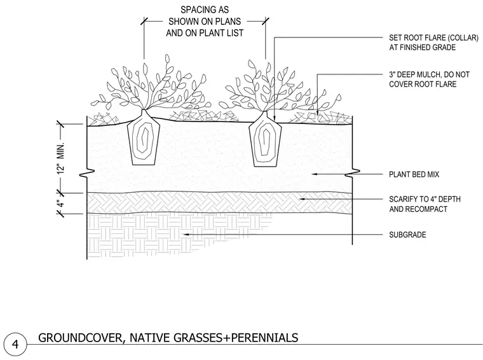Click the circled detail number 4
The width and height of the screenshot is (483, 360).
[x=15, y=343]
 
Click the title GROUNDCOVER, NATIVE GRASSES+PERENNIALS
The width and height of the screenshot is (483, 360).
[x=168, y=338]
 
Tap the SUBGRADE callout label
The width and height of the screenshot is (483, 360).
[x=407, y=235]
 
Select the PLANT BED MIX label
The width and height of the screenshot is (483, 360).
[x=414, y=174]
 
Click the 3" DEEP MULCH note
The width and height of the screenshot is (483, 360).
[x=429, y=80]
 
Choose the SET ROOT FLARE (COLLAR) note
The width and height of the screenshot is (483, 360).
[x=433, y=43]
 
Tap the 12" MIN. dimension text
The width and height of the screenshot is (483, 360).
[x=61, y=158]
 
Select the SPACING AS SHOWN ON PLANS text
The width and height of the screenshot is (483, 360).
[x=205, y=21]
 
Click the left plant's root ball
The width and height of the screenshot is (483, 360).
[x=144, y=137]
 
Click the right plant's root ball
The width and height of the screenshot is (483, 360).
[x=265, y=139]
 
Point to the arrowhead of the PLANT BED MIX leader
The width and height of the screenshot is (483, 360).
[x=315, y=174]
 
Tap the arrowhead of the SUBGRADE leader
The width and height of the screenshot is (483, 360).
[x=186, y=235]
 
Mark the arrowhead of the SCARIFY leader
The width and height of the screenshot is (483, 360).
[x=303, y=199]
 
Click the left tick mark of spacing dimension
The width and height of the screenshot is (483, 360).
[x=144, y=21]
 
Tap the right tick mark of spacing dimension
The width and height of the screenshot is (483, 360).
[x=266, y=21]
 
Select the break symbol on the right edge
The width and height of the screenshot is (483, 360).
[x=352, y=174]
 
